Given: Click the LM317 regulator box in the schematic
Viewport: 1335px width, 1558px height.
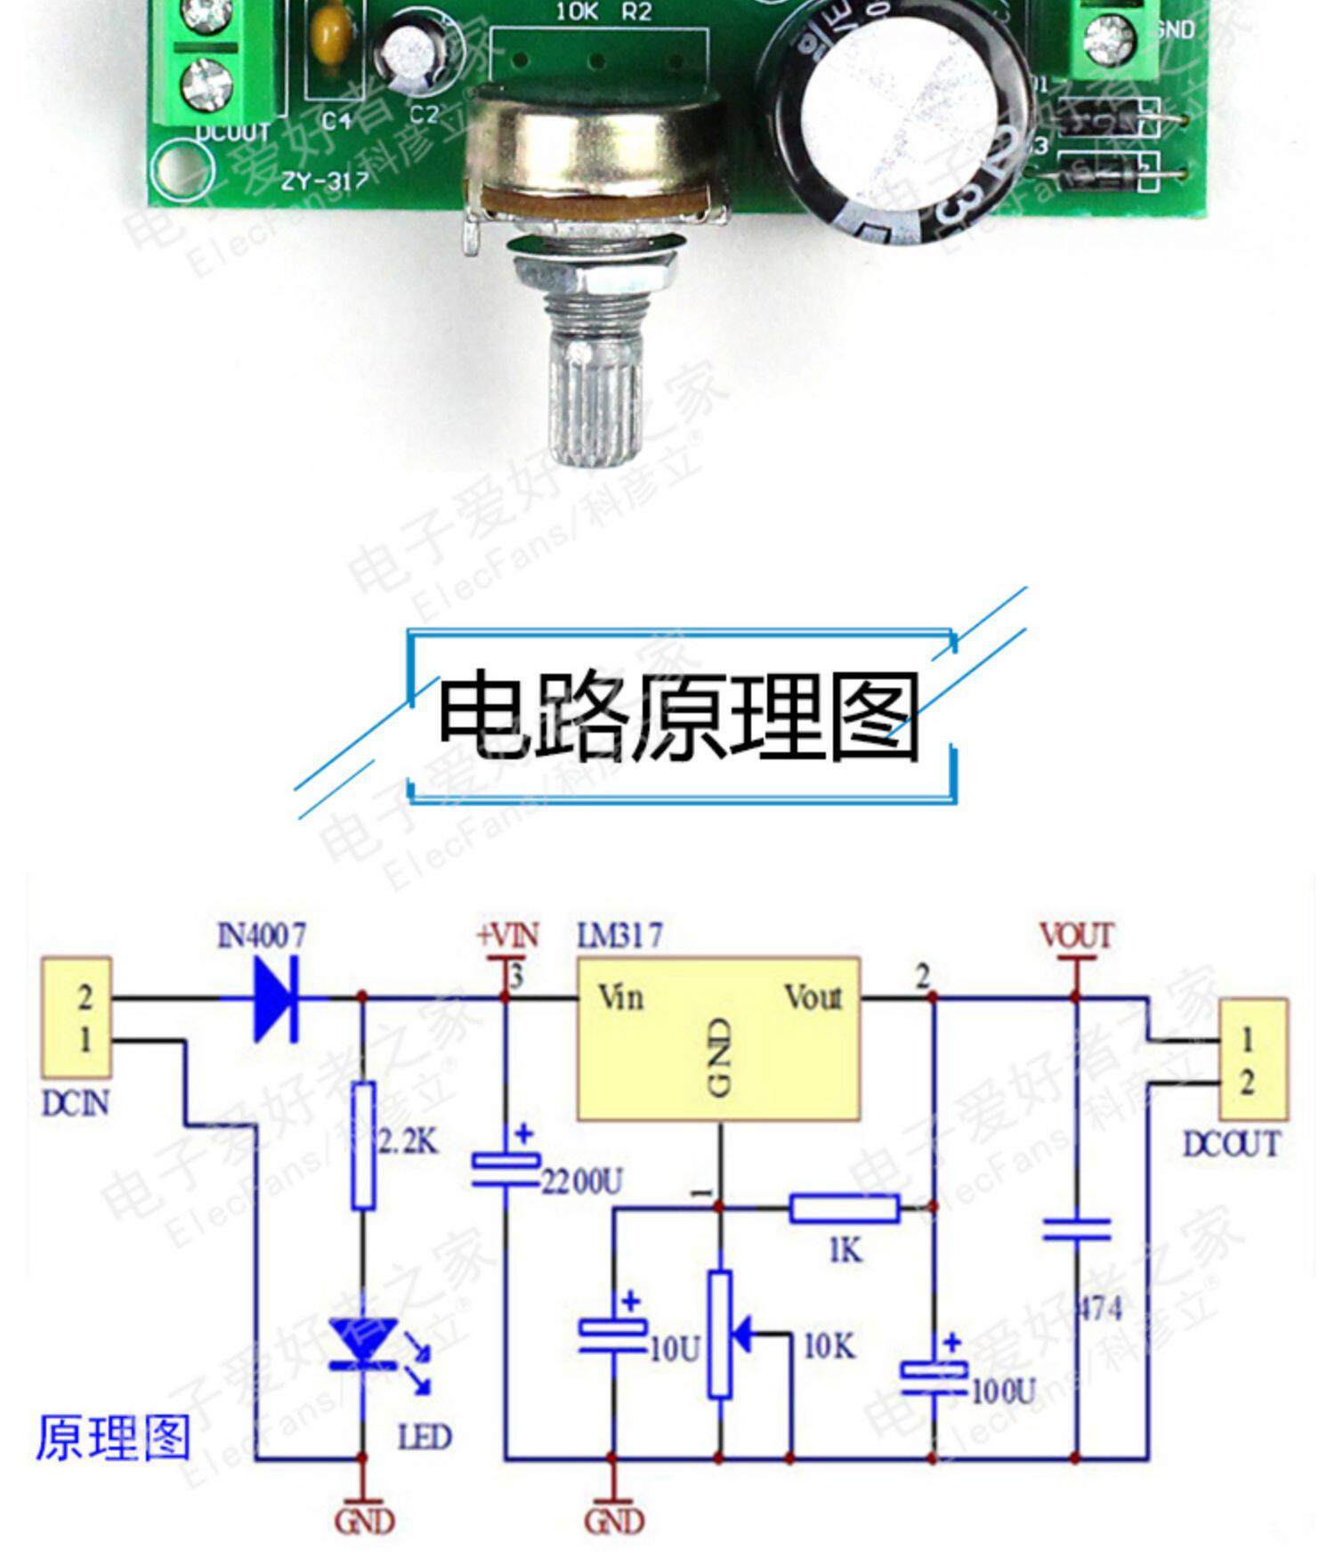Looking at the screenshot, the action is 718,1038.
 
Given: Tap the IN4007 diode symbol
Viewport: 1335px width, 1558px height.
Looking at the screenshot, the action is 276,998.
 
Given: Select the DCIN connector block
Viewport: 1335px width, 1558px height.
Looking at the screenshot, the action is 77,1017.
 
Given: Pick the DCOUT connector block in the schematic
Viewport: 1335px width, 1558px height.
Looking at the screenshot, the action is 1252,1059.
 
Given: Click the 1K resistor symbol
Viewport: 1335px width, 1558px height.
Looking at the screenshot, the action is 844,1208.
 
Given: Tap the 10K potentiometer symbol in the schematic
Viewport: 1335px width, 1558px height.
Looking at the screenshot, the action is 720,1334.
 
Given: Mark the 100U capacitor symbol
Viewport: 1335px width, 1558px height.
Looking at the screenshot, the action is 933,1375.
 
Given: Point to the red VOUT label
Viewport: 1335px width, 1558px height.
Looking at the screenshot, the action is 1076,936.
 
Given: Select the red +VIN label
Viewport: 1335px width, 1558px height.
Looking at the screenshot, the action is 507,936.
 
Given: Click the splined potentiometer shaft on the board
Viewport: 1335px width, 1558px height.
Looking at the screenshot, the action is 595,392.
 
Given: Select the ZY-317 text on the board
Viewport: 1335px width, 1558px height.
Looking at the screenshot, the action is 325,180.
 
